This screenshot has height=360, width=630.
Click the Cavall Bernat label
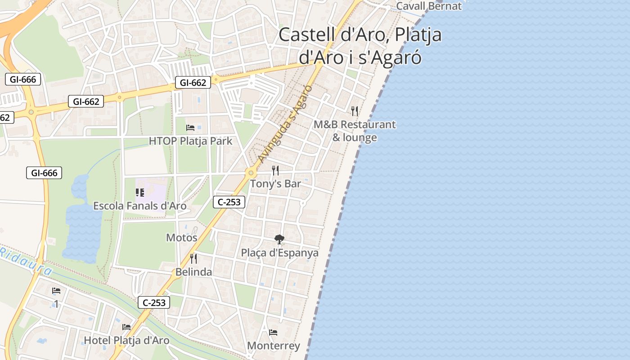[428, 6]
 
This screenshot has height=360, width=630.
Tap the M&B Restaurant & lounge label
[355, 130]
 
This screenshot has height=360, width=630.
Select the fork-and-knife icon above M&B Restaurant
[355, 111]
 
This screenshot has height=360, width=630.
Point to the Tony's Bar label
[275, 184]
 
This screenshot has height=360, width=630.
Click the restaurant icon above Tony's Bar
[275, 170]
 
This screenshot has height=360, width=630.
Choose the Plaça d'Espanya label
[279, 253]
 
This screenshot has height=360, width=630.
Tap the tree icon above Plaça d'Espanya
[279, 239]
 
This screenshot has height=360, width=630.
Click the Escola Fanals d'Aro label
[139, 206]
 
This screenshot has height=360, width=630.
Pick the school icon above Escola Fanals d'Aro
[140, 193]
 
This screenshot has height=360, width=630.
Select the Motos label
[182, 238]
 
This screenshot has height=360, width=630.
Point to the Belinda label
[193, 272]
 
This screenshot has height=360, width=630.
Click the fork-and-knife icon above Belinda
[193, 258]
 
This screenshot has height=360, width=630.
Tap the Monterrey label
[274, 346]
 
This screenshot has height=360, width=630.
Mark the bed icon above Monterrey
[273, 333]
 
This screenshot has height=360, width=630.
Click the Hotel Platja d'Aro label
[127, 340]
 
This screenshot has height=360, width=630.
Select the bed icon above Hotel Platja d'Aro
[126, 327]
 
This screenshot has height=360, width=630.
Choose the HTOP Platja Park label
[190, 141]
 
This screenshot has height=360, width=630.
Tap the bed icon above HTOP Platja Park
[190, 128]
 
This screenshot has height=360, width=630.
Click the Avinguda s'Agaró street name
[286, 121]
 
